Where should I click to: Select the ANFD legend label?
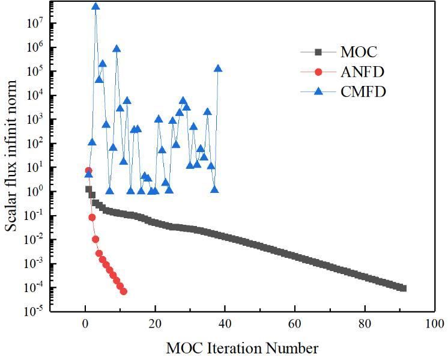click(363, 72)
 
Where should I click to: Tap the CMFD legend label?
click(363, 92)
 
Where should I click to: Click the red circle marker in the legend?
click(319, 72)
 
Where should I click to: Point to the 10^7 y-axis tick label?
click(31, 23)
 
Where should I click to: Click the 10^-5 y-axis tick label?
click(31, 311)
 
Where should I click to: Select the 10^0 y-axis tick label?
click(31, 192)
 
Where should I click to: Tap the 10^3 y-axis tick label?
click(31, 120)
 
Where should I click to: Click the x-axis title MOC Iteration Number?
click(242, 348)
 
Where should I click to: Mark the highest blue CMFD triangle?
click(95, 7)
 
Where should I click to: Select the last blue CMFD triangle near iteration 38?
click(218, 69)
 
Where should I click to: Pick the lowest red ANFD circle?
click(123, 291)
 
